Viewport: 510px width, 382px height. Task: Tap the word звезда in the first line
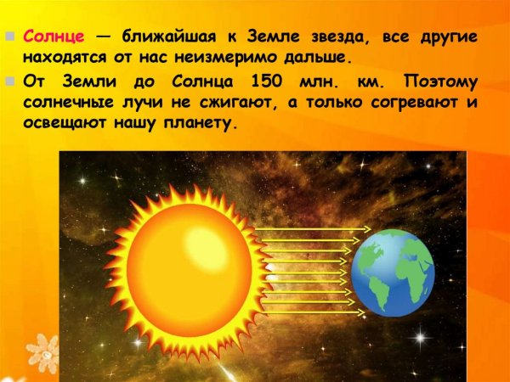[x=351, y=37]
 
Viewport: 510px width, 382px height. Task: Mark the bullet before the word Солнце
[x=10, y=37]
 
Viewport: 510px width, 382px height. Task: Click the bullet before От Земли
[x=10, y=82]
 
